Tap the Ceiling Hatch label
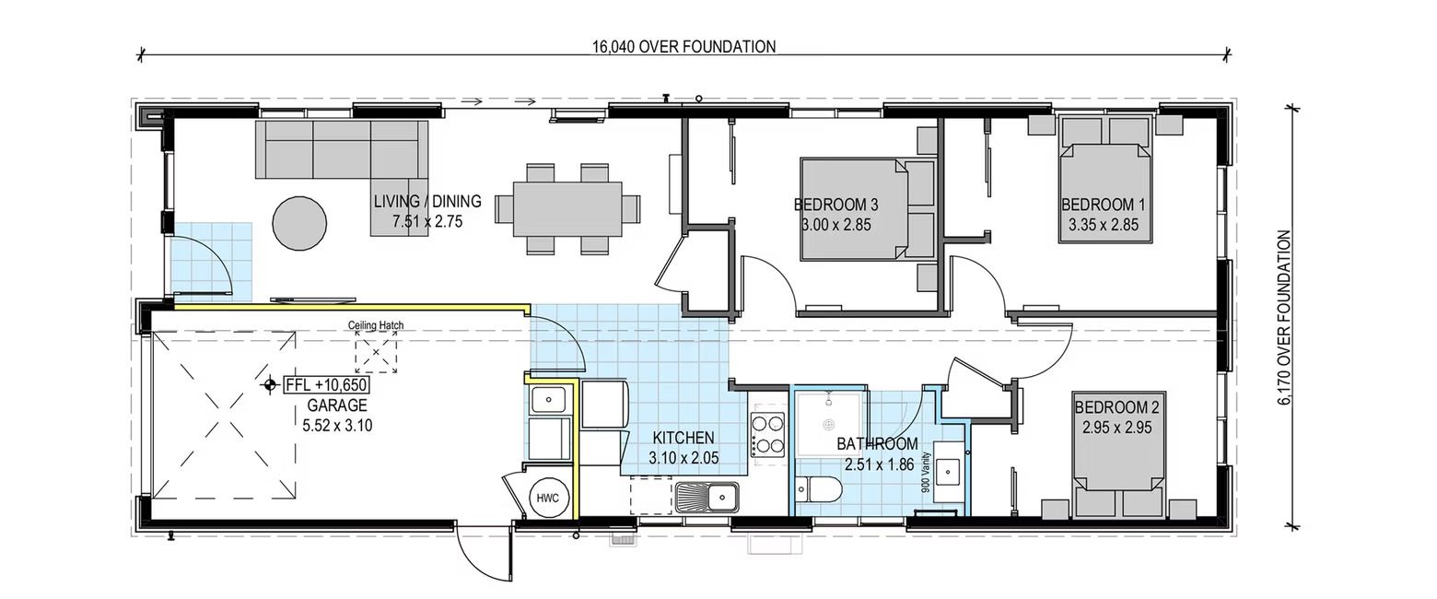pyautogui.click(x=376, y=325)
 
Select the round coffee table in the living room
pyautogui.click(x=299, y=222)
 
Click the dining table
pyautogui.click(x=567, y=208)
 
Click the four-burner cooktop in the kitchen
pyautogui.click(x=768, y=433)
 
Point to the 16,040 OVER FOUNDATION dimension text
pyautogui.click(x=683, y=47)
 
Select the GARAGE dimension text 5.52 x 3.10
pyautogui.click(x=337, y=426)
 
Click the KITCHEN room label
pyautogui.click(x=683, y=438)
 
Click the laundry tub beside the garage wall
pyautogui.click(x=549, y=401)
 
